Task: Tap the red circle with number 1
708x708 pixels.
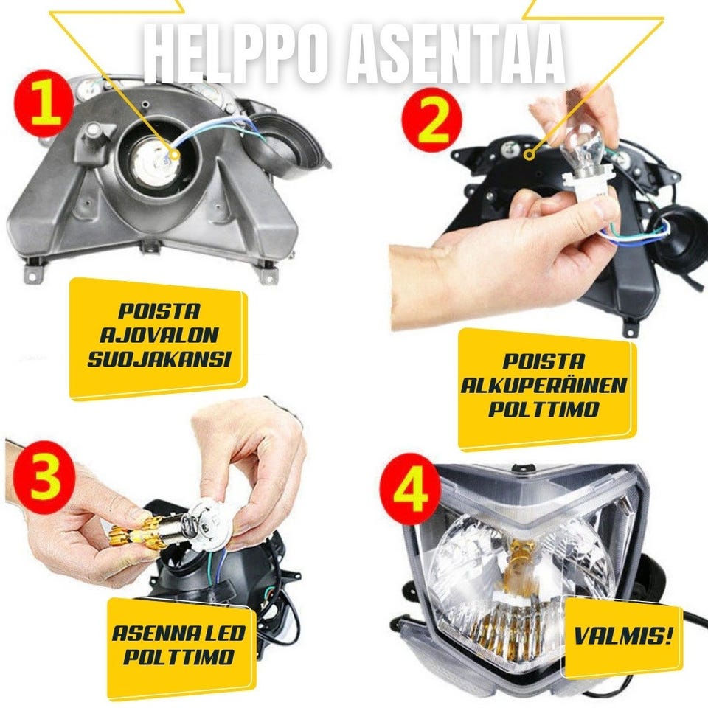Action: coord(45,103)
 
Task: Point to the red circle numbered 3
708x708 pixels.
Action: coord(44,477)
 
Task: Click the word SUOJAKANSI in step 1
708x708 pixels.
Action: coord(159,359)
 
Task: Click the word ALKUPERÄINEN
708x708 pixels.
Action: coord(544,386)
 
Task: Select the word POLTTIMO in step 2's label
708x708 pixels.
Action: coord(544,409)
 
